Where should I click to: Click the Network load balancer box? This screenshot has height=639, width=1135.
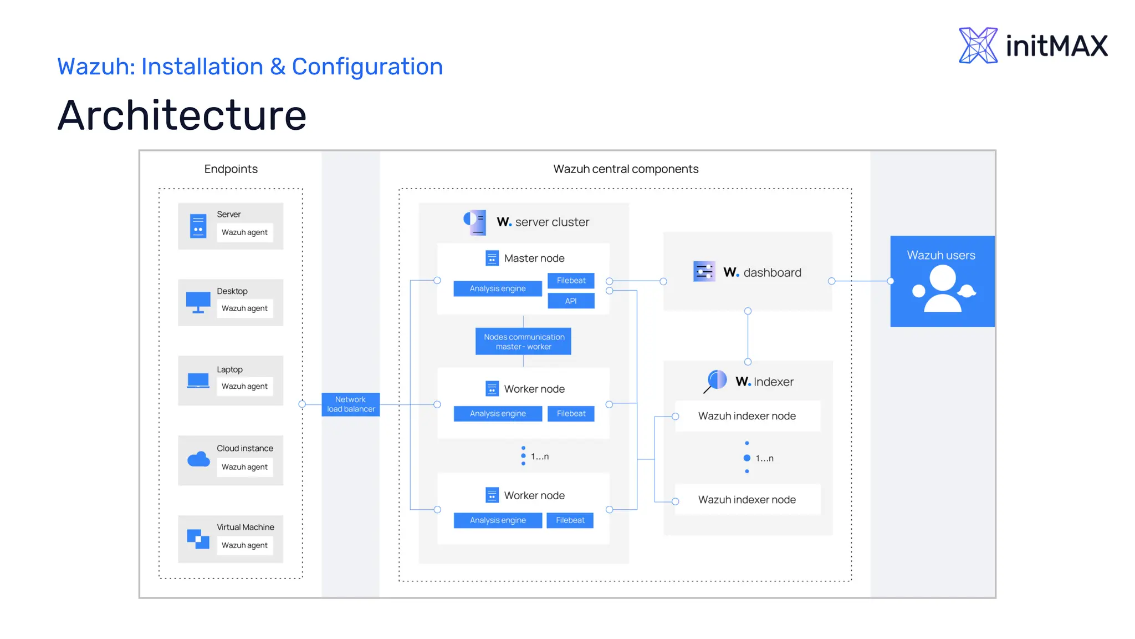click(350, 404)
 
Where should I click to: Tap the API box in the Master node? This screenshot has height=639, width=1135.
click(571, 301)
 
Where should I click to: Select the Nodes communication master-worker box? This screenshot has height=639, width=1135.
click(523, 342)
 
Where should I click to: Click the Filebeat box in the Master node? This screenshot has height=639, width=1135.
click(571, 281)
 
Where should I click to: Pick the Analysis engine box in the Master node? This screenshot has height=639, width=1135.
click(497, 288)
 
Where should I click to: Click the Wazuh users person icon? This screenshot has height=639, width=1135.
click(942, 288)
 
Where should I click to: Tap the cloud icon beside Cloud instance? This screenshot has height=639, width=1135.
click(198, 459)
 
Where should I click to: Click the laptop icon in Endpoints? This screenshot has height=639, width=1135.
click(198, 381)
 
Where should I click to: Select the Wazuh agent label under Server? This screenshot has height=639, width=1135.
click(244, 232)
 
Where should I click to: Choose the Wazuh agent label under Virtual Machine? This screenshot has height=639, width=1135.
click(244, 545)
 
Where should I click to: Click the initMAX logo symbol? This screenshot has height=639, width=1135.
click(978, 45)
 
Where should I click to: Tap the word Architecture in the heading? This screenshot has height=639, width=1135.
click(182, 115)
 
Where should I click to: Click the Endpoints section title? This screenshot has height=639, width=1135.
click(231, 169)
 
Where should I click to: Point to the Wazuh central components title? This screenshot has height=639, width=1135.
click(626, 169)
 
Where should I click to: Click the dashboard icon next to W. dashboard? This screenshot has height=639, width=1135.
click(704, 272)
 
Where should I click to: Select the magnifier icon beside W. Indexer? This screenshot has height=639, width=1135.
click(715, 381)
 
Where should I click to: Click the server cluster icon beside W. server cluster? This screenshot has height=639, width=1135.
click(475, 222)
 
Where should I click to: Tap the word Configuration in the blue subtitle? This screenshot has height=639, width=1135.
click(367, 67)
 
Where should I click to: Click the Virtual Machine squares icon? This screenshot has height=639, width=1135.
click(198, 539)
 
